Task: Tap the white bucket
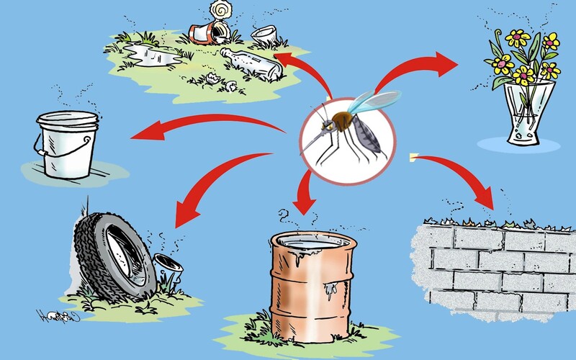click(69, 144)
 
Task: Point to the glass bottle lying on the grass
click(251, 65)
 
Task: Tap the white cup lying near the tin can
click(265, 35)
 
